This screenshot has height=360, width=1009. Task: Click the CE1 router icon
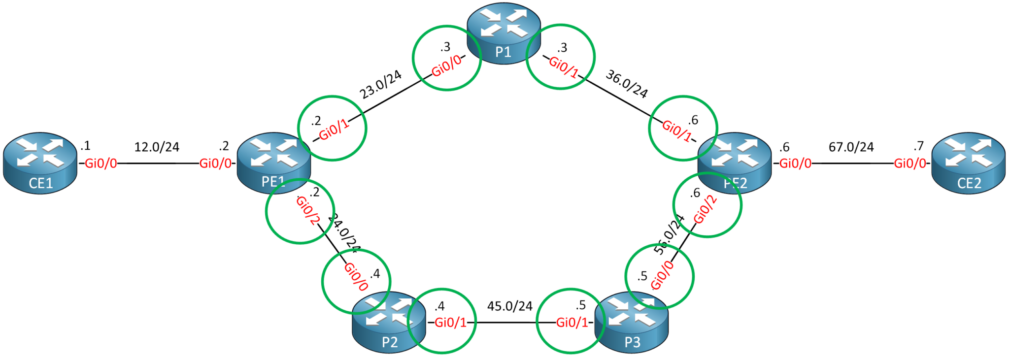pyautogui.click(x=40, y=164)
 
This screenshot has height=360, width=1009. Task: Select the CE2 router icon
pyautogui.click(x=968, y=164)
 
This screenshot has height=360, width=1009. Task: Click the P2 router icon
pyautogui.click(x=389, y=323)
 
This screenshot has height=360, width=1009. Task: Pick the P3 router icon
pyautogui.click(x=632, y=323)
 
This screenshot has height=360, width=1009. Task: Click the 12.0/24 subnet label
pyautogui.click(x=157, y=147)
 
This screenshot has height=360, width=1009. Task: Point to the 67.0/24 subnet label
pyautogui.click(x=851, y=147)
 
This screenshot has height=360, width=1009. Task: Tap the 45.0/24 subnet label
pyautogui.click(x=509, y=306)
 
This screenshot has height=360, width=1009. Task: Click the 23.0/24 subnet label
pyautogui.click(x=380, y=85)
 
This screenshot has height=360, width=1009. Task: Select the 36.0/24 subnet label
pyautogui.click(x=627, y=84)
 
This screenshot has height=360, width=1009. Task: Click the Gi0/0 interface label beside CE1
pyautogui.click(x=101, y=164)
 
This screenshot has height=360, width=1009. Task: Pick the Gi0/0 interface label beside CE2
pyautogui.click(x=910, y=164)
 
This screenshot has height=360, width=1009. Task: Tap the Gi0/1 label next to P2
pyautogui.click(x=450, y=323)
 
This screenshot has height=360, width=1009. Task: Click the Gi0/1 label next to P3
pyautogui.click(x=572, y=323)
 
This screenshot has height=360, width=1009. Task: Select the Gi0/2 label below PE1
pyautogui.click(x=308, y=211)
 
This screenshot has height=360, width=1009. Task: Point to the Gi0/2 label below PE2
pyautogui.click(x=705, y=209)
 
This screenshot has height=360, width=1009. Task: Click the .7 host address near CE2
pyautogui.click(x=918, y=146)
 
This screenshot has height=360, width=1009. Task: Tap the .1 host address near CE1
pyautogui.click(x=85, y=146)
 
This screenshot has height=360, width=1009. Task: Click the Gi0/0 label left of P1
pyautogui.click(x=446, y=66)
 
